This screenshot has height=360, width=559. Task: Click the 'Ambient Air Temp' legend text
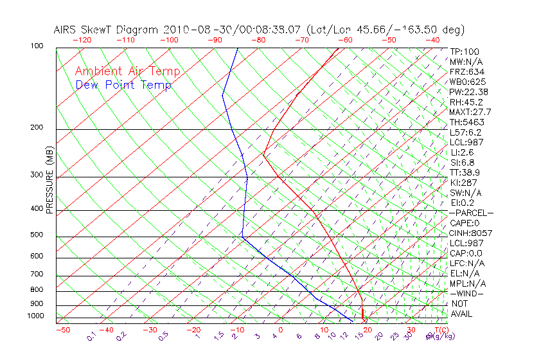[x=127, y=71]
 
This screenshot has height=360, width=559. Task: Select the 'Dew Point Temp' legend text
[x=123, y=85]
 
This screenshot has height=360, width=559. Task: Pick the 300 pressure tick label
[x=37, y=175]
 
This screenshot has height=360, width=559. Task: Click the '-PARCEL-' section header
[x=471, y=213]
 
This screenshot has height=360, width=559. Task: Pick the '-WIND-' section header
[x=467, y=294]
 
